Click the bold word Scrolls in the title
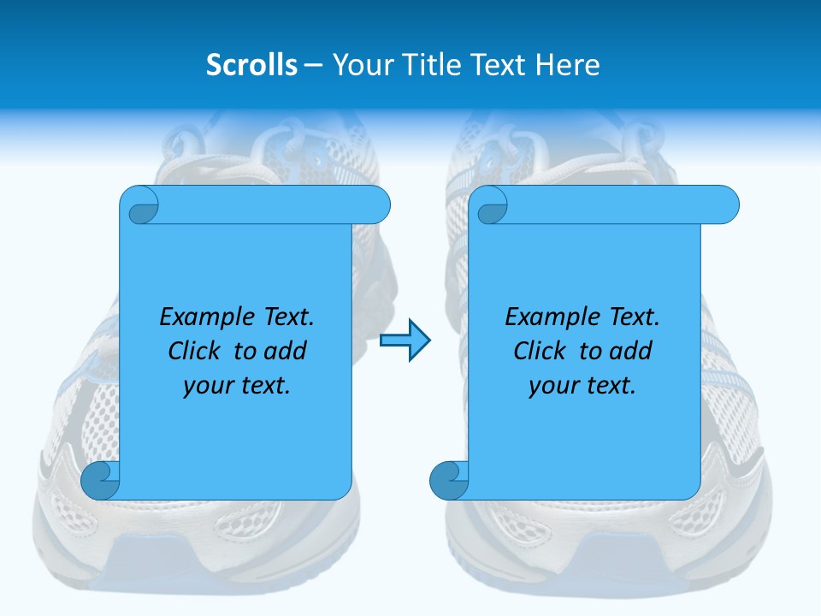[251, 65]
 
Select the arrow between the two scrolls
[405, 341]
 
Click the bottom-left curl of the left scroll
[100, 482]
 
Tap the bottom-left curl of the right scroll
[448, 482]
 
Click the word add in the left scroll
[284, 351]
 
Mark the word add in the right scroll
[629, 351]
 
